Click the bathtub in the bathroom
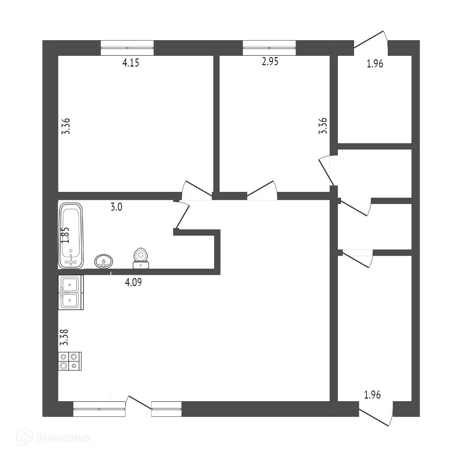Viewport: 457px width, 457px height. pos(71,236)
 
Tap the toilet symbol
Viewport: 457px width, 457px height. pos(141,258)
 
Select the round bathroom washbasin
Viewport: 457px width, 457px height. pos(104,261)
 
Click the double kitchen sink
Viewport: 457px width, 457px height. pos(71,293)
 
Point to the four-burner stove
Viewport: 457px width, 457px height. pos(70,361)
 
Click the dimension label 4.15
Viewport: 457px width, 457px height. pos(131,63)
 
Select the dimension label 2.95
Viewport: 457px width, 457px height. pos(270,62)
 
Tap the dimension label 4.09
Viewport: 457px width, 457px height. pos(134,282)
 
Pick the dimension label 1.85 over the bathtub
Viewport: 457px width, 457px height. pos(65,235)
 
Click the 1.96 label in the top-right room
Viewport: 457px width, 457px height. pos(375,64)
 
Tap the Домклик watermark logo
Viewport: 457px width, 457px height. pos(54,438)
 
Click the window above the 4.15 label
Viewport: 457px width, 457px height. pos(127,47)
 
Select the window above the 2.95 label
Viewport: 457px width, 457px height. pos(269,47)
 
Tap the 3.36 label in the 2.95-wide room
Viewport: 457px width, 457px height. pos(323,126)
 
